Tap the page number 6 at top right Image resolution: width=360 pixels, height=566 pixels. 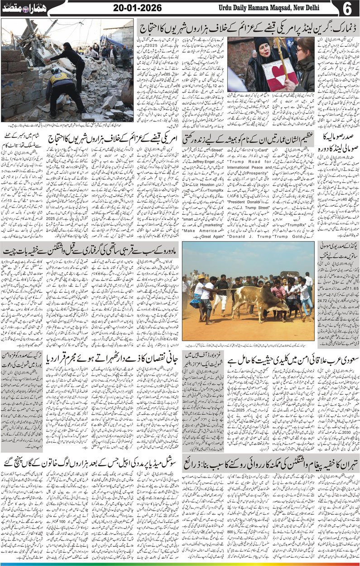349,9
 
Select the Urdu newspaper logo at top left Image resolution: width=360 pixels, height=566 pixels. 18,8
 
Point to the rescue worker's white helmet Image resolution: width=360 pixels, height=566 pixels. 57,71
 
